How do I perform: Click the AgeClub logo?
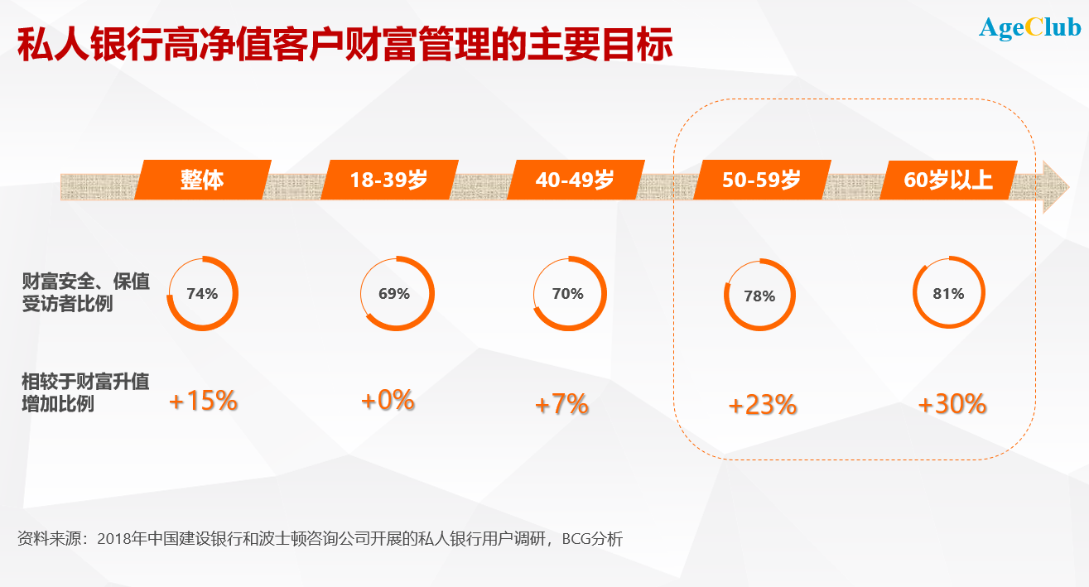pos(1029,28)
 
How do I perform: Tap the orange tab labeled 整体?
pos(202,180)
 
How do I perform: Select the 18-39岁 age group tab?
pos(388,180)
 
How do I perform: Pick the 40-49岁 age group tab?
pos(575,180)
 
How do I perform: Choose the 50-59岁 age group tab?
pos(761,180)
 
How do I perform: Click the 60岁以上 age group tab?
pos(948,180)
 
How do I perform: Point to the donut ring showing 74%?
pos(202,293)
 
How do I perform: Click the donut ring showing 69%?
pos(397,294)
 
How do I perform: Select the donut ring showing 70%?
pos(569,294)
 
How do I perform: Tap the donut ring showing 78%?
pos(759,296)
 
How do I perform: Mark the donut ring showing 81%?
pos(949,294)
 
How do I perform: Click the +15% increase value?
pos(204,402)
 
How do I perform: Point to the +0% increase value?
pos(388,402)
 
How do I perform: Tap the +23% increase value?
pos(763,406)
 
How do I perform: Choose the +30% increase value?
pos(952,404)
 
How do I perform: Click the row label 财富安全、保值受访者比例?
pos(85,292)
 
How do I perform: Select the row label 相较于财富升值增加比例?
pos(85,393)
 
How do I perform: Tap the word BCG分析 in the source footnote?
pos(592,539)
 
